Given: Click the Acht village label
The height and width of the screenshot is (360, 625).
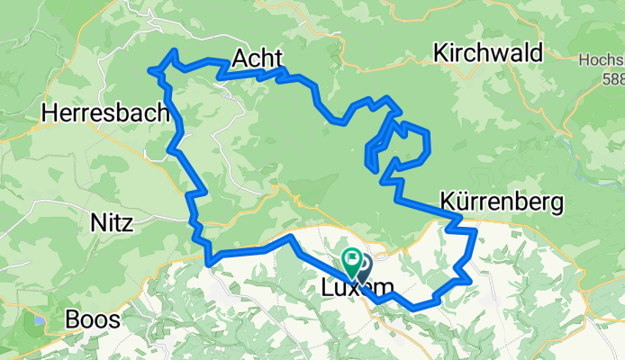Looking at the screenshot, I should coord(258,58).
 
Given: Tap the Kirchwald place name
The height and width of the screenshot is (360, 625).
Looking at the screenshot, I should coord(487,53).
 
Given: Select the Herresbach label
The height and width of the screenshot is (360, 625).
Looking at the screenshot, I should coord(105,113).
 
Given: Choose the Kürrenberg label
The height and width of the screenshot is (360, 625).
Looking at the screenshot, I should coord(503,201).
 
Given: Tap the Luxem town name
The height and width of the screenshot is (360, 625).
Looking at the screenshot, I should coord(358,288).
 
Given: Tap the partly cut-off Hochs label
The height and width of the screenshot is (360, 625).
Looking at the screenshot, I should coord(602,60).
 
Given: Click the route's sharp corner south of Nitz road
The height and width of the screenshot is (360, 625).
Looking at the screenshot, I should coord(209,263).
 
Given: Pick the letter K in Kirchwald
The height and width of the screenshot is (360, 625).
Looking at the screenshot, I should coord(439,53).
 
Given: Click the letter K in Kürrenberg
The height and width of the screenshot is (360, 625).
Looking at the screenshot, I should coord(448,201).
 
